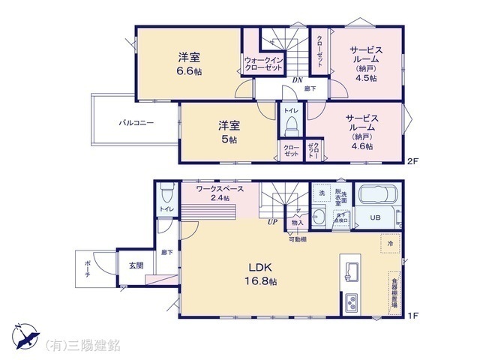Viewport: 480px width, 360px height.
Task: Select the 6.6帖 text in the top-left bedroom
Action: [188, 72]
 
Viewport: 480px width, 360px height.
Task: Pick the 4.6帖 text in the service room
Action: [361, 147]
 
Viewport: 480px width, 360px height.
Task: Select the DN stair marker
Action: [297, 80]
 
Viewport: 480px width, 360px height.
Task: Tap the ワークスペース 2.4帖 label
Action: [220, 193]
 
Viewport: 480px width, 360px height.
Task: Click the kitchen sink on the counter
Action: [350, 270]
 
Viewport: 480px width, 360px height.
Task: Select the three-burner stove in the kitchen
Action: [351, 303]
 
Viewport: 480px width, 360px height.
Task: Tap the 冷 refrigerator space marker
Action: [390, 244]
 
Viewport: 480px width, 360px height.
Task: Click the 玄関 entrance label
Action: [136, 265]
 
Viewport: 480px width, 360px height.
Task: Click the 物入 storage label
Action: [297, 222]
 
